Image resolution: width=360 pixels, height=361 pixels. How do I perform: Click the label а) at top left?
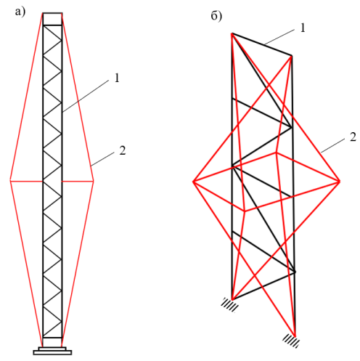pyautogui.click(x=20, y=12)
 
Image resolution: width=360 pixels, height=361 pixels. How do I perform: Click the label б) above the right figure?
pyautogui.click(x=216, y=16)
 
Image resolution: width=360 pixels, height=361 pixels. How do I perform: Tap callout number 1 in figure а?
pyautogui.click(x=117, y=78)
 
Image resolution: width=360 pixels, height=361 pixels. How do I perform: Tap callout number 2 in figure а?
pyautogui.click(x=123, y=150)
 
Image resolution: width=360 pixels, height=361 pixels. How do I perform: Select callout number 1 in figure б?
pyautogui.click(x=303, y=28)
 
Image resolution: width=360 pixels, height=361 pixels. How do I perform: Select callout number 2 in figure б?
pyautogui.click(x=353, y=137)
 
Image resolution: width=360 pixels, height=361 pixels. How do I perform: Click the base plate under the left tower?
pyautogui.click(x=52, y=351)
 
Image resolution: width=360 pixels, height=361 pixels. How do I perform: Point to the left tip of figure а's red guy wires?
pyautogui.click(x=10, y=181)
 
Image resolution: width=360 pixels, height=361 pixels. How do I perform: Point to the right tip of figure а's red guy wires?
pyautogui.click(x=94, y=181)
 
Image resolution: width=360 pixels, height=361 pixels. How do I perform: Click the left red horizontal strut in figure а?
pyautogui.click(x=26, y=181)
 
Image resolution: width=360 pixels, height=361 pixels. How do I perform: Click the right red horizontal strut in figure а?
pyautogui.click(x=78, y=181)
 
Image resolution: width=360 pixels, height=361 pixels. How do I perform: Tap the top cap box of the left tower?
pyautogui.click(x=52, y=19)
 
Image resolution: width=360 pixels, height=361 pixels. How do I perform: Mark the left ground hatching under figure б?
pyautogui.click(x=229, y=304)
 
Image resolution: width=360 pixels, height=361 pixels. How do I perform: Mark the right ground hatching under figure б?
pyautogui.click(x=291, y=341)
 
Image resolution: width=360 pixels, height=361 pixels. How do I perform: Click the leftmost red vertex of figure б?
pyautogui.click(x=193, y=182)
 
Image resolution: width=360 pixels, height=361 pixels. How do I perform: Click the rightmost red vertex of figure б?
pyautogui.click(x=340, y=181)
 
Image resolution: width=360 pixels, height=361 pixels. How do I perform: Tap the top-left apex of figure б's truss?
pyautogui.click(x=232, y=33)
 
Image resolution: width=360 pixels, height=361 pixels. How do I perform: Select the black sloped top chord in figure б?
pyautogui.click(x=262, y=44)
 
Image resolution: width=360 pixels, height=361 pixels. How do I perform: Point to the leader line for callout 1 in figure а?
pyautogui.click(x=85, y=97)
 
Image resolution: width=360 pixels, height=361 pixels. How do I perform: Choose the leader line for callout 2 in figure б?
pyautogui.click(x=333, y=146)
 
